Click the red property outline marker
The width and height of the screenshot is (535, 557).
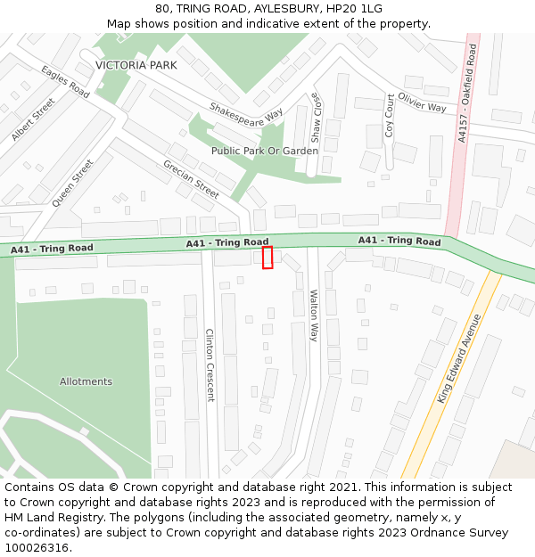(x=267, y=258)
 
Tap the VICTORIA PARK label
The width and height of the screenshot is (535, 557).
(x=136, y=65)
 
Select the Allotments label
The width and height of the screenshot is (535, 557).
(x=86, y=381)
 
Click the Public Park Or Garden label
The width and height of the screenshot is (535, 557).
(x=265, y=151)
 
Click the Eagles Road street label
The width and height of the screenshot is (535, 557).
(x=65, y=81)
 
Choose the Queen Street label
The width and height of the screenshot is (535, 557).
(x=72, y=184)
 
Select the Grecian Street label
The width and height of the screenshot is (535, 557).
(x=191, y=179)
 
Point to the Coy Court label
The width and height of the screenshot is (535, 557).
(x=390, y=116)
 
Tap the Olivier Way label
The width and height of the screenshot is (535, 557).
(x=422, y=102)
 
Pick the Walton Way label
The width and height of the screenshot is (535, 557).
(x=314, y=315)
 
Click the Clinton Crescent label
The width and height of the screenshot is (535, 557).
(x=210, y=365)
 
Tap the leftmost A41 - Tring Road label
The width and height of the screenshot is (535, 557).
(x=52, y=250)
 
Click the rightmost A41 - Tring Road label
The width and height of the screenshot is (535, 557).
(x=399, y=242)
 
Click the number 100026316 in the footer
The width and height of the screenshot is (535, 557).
(x=37, y=547)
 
